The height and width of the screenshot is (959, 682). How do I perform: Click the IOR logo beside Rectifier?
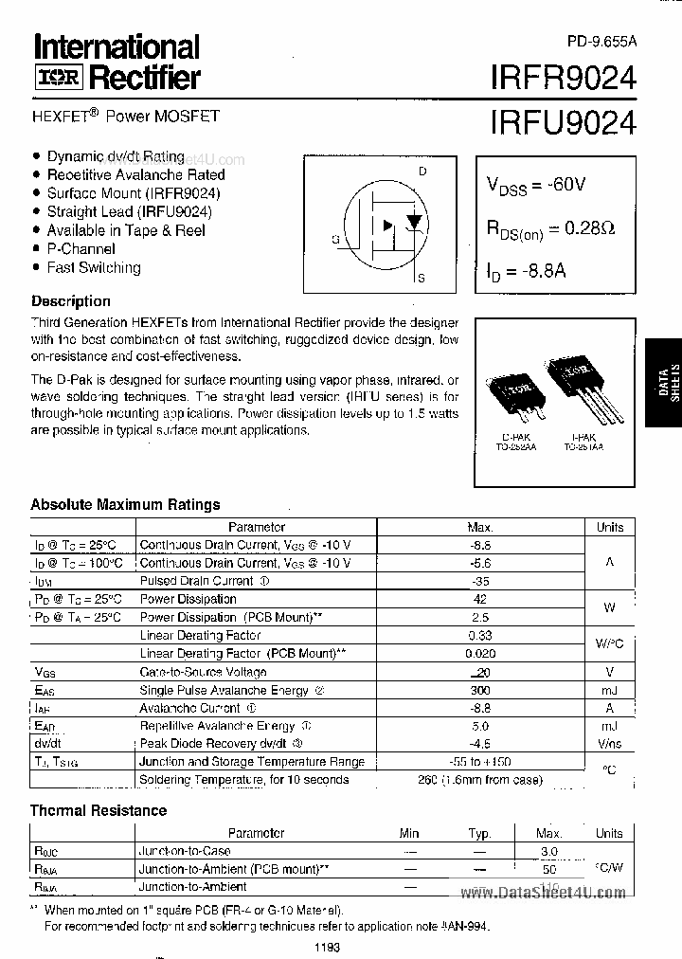tap(54, 78)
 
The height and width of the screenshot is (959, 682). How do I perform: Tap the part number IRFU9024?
tap(563, 123)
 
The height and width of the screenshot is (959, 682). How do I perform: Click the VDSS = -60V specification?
tap(536, 185)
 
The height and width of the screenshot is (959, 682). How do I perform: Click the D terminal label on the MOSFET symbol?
tap(422, 171)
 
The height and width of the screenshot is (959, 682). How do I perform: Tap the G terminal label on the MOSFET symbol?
tap(335, 240)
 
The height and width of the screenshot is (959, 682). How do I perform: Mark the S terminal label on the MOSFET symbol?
tap(422, 279)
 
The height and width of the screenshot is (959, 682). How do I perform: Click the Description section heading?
tap(70, 301)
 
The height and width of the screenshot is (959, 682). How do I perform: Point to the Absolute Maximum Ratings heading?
tap(125, 504)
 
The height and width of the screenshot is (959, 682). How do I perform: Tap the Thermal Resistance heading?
tap(99, 810)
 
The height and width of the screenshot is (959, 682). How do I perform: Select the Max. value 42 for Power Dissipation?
tap(480, 599)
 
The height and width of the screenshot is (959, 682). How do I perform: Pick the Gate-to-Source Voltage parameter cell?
tap(204, 671)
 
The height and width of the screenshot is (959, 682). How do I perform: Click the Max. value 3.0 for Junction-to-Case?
tap(546, 851)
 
